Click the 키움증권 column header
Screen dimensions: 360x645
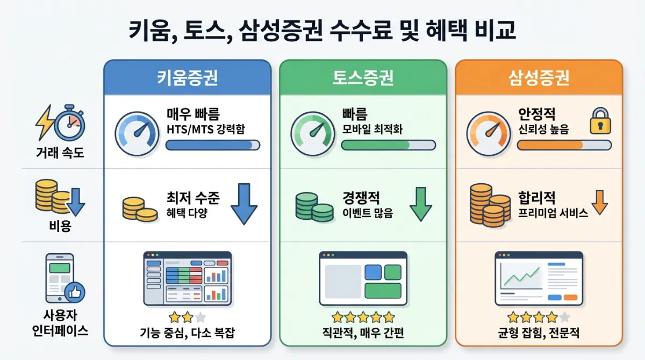[187, 78]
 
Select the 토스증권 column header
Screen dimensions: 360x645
[363, 78]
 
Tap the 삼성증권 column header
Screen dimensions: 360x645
[539, 78]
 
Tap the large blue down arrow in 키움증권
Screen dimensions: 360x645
[243, 204]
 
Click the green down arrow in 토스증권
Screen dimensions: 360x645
[420, 204]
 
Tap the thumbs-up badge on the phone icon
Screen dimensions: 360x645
[75, 293]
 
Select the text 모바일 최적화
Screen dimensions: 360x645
[372, 129]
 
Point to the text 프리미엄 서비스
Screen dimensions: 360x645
[553, 213]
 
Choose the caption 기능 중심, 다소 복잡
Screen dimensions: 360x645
[187, 333]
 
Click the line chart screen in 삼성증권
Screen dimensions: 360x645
[539, 278]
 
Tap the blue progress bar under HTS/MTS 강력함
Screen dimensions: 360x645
[213, 145]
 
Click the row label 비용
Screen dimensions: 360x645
[60, 225]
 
